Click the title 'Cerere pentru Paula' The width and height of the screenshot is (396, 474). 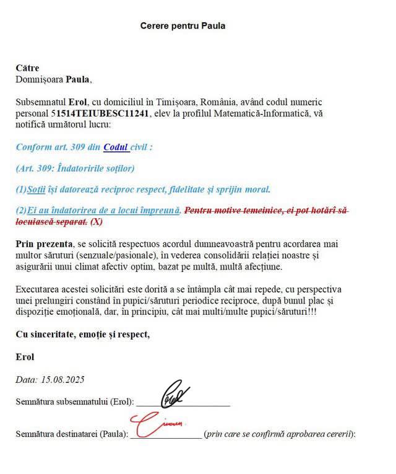[183, 26]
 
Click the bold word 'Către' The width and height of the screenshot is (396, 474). [27, 68]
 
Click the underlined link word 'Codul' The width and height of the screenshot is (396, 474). [116, 147]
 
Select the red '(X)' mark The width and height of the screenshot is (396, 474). [97, 221]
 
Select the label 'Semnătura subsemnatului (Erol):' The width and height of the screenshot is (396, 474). [74, 402]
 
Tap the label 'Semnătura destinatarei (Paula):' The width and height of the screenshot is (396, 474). [71, 434]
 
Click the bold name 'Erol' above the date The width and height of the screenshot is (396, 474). [25, 357]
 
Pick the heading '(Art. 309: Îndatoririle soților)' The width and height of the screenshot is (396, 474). [75, 168]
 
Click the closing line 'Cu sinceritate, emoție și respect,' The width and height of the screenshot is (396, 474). [83, 335]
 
